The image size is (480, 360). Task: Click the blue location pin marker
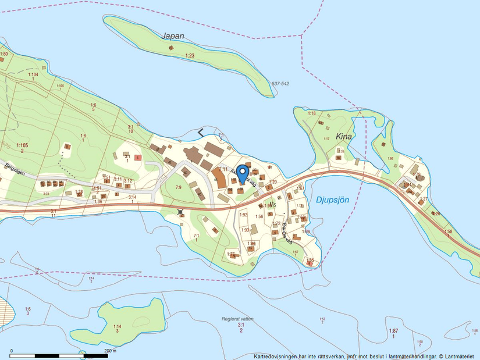point(241,173)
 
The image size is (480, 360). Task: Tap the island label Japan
point(173,36)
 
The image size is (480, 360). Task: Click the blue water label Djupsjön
point(333,199)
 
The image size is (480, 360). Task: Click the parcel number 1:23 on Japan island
point(190,56)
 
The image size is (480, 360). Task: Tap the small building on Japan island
point(171,47)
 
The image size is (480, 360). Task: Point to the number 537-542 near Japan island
point(280,84)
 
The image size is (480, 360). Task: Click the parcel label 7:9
point(178,187)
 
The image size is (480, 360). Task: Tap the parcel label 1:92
point(244,215)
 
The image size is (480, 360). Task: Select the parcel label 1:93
point(245,230)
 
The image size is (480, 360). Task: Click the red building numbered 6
point(137,158)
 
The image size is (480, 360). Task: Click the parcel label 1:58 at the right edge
point(448,232)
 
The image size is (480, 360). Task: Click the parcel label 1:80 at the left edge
point(4,54)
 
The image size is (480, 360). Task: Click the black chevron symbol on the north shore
point(201,133)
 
